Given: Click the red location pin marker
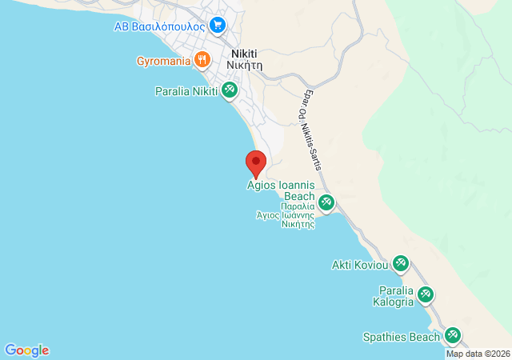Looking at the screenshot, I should click(x=256, y=162).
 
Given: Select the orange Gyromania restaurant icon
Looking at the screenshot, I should click(x=202, y=59).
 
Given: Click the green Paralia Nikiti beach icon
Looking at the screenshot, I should click(x=230, y=90).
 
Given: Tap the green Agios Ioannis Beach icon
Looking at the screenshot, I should click(x=326, y=202).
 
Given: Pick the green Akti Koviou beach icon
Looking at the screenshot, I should click(x=401, y=264).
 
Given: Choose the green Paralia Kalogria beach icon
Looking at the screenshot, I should click(x=426, y=295).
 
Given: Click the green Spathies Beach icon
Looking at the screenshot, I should click(x=453, y=336).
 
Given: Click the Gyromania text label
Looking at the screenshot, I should click(x=163, y=60).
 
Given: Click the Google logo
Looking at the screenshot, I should click(x=26, y=350).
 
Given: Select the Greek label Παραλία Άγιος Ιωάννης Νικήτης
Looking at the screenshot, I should click(x=286, y=215).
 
